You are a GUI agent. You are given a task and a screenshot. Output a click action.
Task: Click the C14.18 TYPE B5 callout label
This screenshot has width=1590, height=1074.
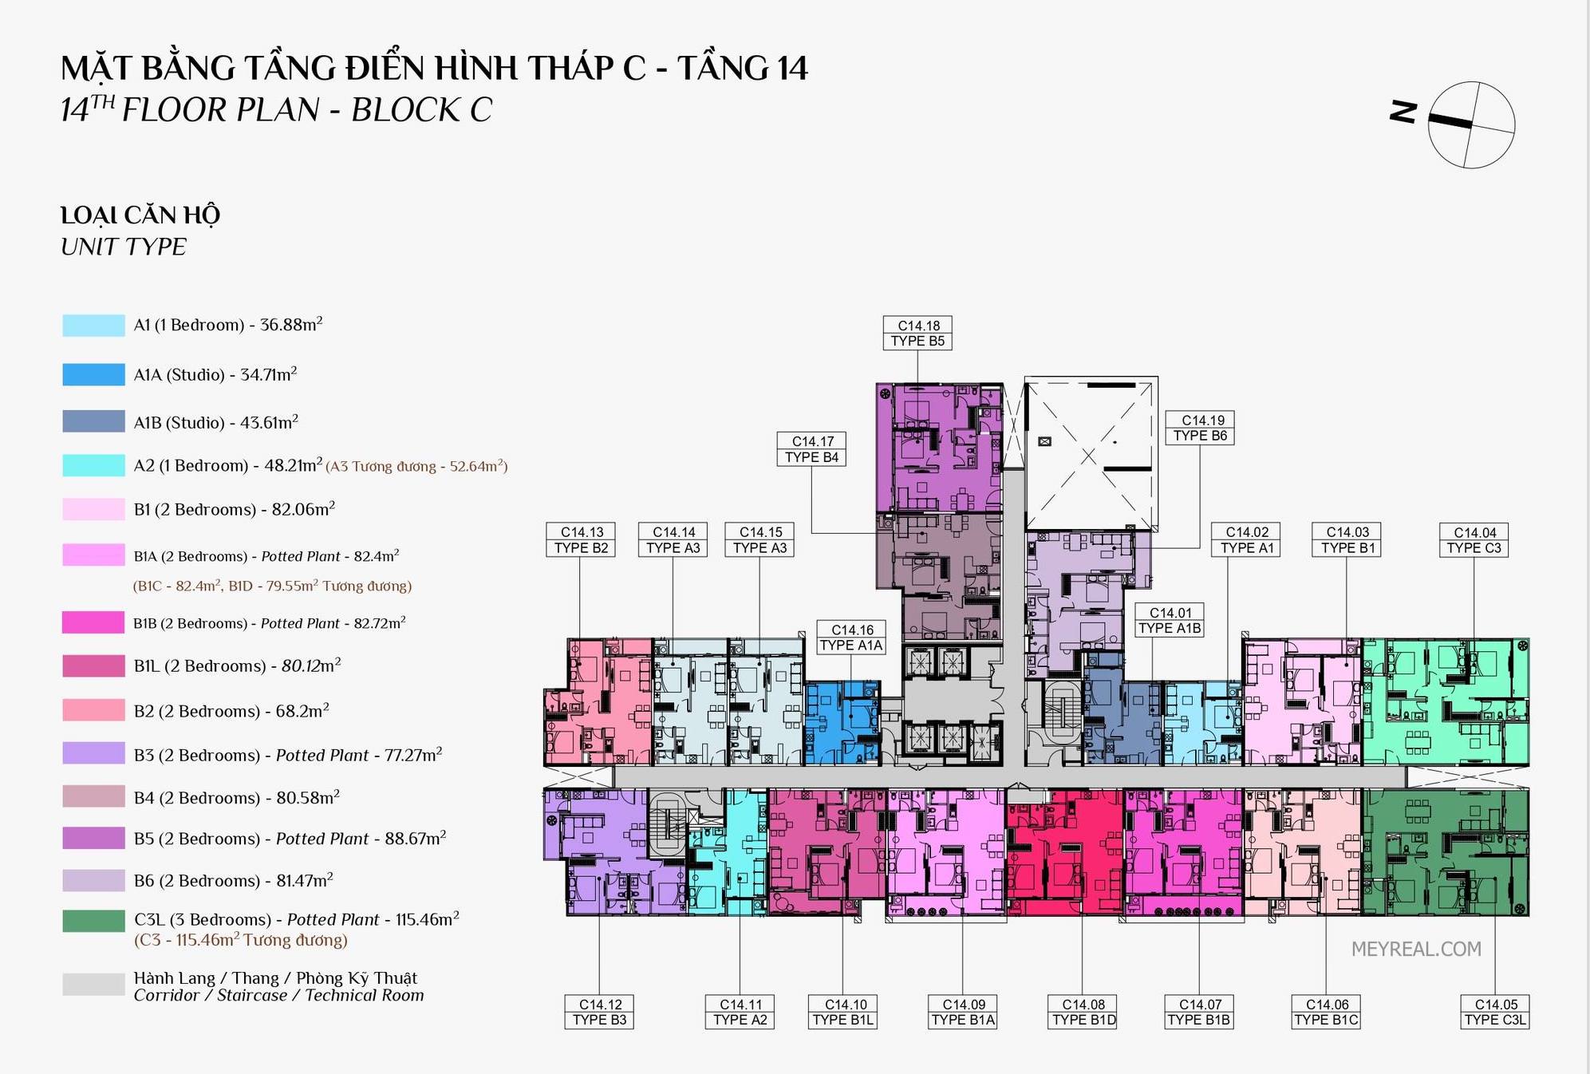click(x=917, y=334)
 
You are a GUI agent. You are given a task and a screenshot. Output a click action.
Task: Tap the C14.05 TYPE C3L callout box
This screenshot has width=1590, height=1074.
click(x=1495, y=1012)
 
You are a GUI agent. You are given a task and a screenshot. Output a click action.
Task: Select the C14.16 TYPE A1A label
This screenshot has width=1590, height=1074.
click(x=851, y=638)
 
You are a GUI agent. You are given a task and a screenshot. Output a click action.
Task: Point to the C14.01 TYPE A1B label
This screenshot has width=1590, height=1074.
click(x=1170, y=621)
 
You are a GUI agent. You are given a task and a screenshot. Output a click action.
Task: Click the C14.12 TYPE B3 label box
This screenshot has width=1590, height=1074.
click(x=599, y=1012)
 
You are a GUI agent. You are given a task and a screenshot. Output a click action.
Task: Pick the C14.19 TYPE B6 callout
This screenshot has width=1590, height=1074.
click(x=1200, y=428)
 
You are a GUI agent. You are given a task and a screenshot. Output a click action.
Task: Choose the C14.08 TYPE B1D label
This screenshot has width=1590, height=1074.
click(x=1083, y=1012)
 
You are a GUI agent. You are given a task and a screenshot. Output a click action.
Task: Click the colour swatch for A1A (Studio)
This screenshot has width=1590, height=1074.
click(x=93, y=374)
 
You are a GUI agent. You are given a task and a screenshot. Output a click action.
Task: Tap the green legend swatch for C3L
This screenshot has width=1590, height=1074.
click(x=93, y=921)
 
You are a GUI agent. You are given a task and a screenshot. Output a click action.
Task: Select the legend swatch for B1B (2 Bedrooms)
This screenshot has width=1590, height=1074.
click(x=93, y=622)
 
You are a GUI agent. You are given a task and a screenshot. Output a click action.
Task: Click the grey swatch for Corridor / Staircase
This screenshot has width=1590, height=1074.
click(x=93, y=985)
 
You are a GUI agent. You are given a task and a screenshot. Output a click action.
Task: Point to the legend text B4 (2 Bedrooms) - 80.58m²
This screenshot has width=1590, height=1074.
click(x=237, y=797)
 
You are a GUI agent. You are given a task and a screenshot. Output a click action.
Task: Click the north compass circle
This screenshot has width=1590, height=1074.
click(x=1471, y=124)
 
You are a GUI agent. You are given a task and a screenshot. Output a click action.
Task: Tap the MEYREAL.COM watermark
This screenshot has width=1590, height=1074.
click(x=1416, y=949)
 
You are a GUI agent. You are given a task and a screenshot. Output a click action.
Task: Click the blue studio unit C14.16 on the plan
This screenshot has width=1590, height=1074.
click(x=842, y=723)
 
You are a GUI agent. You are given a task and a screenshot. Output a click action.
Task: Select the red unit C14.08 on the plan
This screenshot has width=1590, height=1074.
click(x=1064, y=852)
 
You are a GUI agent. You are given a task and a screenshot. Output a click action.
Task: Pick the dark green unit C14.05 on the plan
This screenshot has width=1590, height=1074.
click(x=1445, y=852)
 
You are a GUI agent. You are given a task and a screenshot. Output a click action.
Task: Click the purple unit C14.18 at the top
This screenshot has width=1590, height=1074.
click(x=939, y=448)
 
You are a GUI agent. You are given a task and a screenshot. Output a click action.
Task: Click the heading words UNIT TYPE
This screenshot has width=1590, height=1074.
click(x=124, y=247)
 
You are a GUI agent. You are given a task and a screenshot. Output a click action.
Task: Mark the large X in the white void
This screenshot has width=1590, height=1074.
click(x=1089, y=456)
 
